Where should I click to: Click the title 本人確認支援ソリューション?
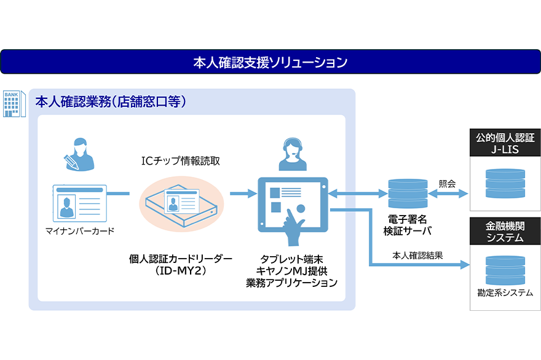coord(270,62)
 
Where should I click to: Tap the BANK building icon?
coord(13,103)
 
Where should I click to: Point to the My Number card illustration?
coord(79,202)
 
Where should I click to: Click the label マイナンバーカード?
coord(80,232)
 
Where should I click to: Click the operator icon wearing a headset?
coord(291,154)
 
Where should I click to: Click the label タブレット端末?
coord(291,259)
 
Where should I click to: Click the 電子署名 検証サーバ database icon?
coord(408,194)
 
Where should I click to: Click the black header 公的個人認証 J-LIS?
coord(505,143)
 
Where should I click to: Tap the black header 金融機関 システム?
coord(505,232)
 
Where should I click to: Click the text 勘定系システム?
coord(505,293)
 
